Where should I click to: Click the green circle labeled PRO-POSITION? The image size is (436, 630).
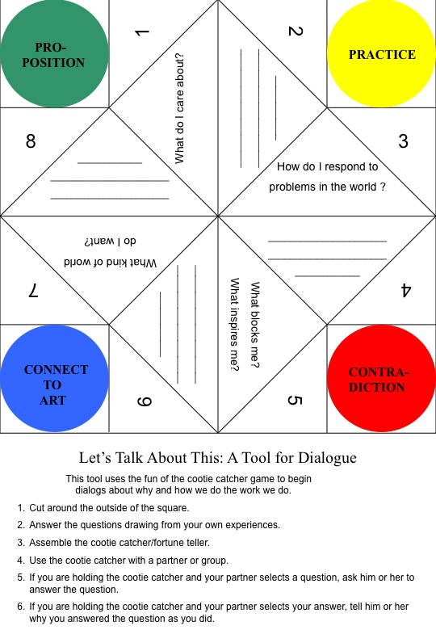pos(54,55)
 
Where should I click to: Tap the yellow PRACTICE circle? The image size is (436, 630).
pos(382,55)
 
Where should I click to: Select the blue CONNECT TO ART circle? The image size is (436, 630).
pos(55,378)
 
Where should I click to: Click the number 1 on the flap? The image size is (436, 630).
pos(142,33)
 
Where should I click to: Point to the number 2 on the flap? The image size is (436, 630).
pos(295,32)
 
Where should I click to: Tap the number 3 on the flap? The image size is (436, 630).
pos(403,141)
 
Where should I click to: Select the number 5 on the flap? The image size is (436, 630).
pos(295,401)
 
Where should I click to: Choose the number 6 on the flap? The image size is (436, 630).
pos(142,401)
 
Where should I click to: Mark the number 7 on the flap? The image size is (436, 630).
pos(33,291)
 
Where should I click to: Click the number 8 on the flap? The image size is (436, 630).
pos(31,141)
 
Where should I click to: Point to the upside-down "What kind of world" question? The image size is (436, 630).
pos(110,262)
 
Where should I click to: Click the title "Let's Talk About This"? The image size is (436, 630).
pos(217,458)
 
